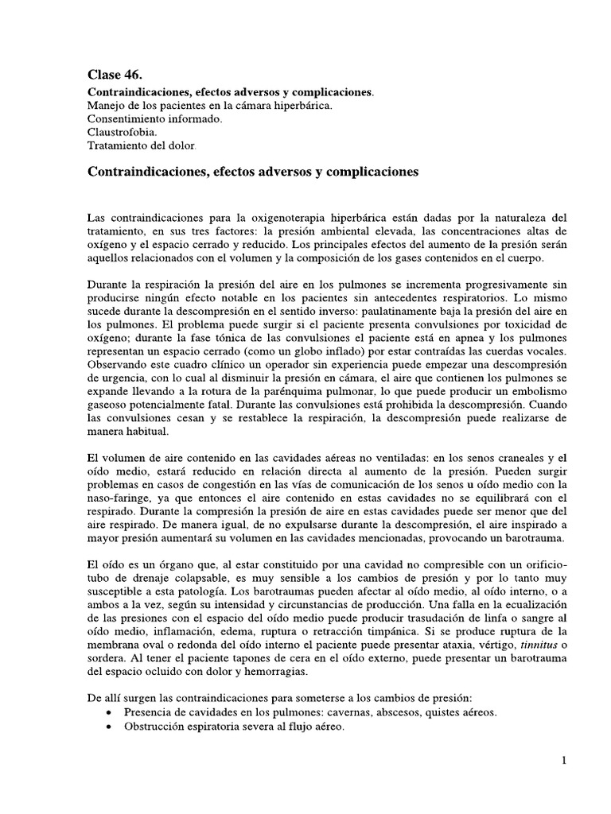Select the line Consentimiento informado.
[x=154, y=118]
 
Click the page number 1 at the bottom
[x=563, y=760]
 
